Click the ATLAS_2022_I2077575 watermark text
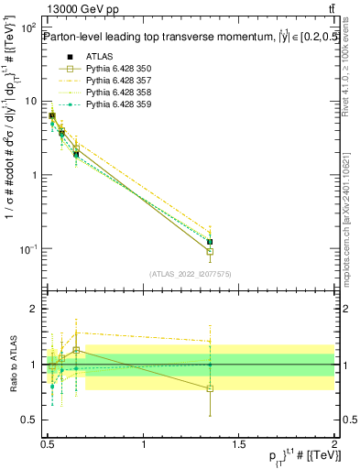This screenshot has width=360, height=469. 191,273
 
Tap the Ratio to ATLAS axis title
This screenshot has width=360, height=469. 12,365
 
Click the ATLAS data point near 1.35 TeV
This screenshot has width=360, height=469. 210,242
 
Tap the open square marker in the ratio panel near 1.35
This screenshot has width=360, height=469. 210,388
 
